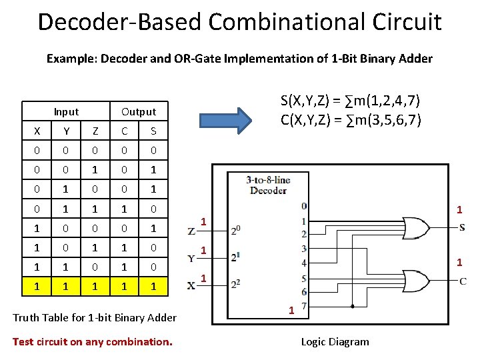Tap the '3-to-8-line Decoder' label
[268, 185]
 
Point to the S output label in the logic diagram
[462, 228]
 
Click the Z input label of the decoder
[192, 231]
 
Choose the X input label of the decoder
[192, 285]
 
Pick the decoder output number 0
[304, 206]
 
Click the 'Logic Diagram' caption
[335, 342]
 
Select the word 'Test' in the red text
[23, 342]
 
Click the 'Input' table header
[66, 112]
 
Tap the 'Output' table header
[139, 112]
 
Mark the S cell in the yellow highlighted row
[153, 286]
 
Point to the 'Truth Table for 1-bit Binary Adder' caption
[95, 317]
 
